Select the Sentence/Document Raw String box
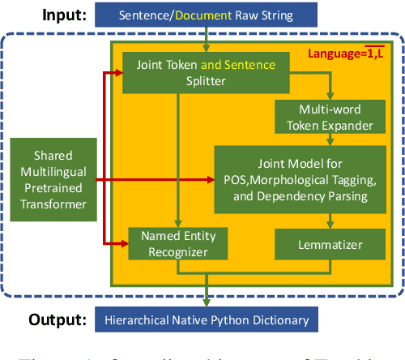pos(206,15)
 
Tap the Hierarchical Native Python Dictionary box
pos(206,320)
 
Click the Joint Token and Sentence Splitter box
pos(207,72)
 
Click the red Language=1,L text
pos(352,54)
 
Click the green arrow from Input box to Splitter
pos(207,40)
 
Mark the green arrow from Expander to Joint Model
pos(329,139)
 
